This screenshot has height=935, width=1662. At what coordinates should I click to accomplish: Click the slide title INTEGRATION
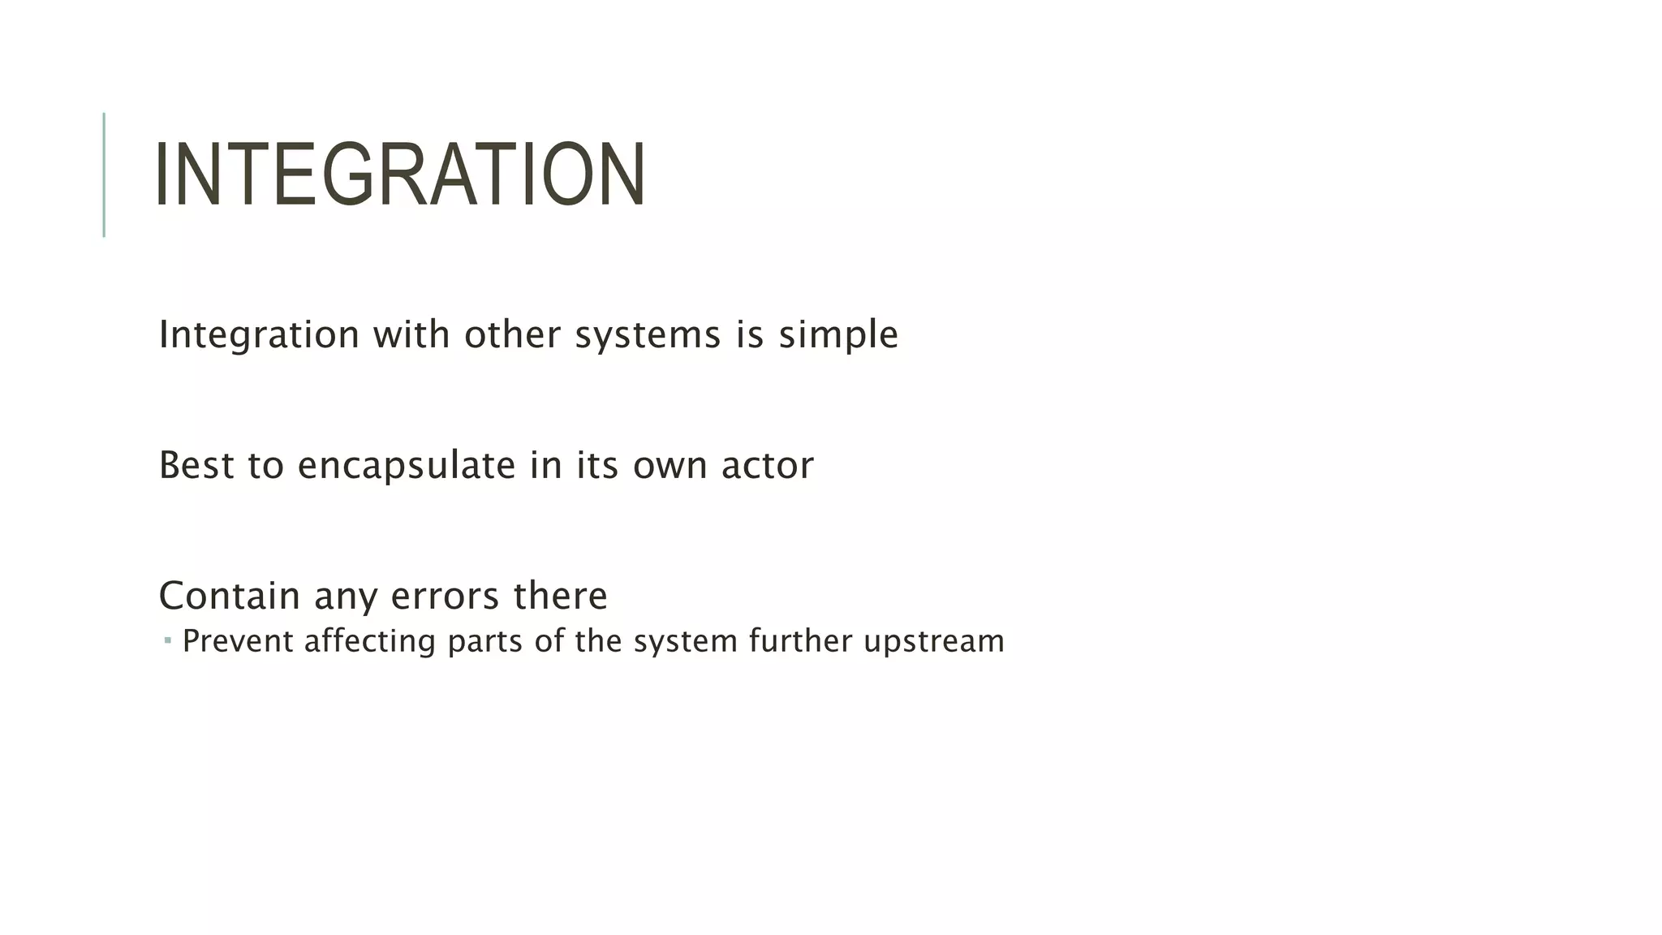[x=400, y=175]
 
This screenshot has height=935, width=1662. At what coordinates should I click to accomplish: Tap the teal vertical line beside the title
[x=104, y=175]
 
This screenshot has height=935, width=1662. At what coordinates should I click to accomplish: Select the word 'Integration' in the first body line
[x=259, y=334]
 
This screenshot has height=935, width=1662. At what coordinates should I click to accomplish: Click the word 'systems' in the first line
[x=648, y=334]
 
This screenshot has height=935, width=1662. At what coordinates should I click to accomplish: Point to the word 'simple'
[x=838, y=334]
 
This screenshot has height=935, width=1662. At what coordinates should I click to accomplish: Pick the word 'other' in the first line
[x=512, y=334]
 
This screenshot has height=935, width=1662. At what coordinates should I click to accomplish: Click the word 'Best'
[x=196, y=465]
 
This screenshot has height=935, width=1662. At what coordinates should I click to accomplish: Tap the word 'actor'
[x=767, y=465]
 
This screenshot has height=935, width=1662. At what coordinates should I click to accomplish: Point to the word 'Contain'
[x=230, y=596]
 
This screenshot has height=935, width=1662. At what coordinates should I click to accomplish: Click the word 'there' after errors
[x=560, y=596]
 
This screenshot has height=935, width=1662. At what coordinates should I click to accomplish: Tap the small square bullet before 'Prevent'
[x=167, y=641]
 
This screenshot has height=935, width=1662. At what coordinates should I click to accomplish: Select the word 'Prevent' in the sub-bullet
[x=238, y=641]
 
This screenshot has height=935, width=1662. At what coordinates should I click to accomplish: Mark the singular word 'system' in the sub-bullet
[x=685, y=641]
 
